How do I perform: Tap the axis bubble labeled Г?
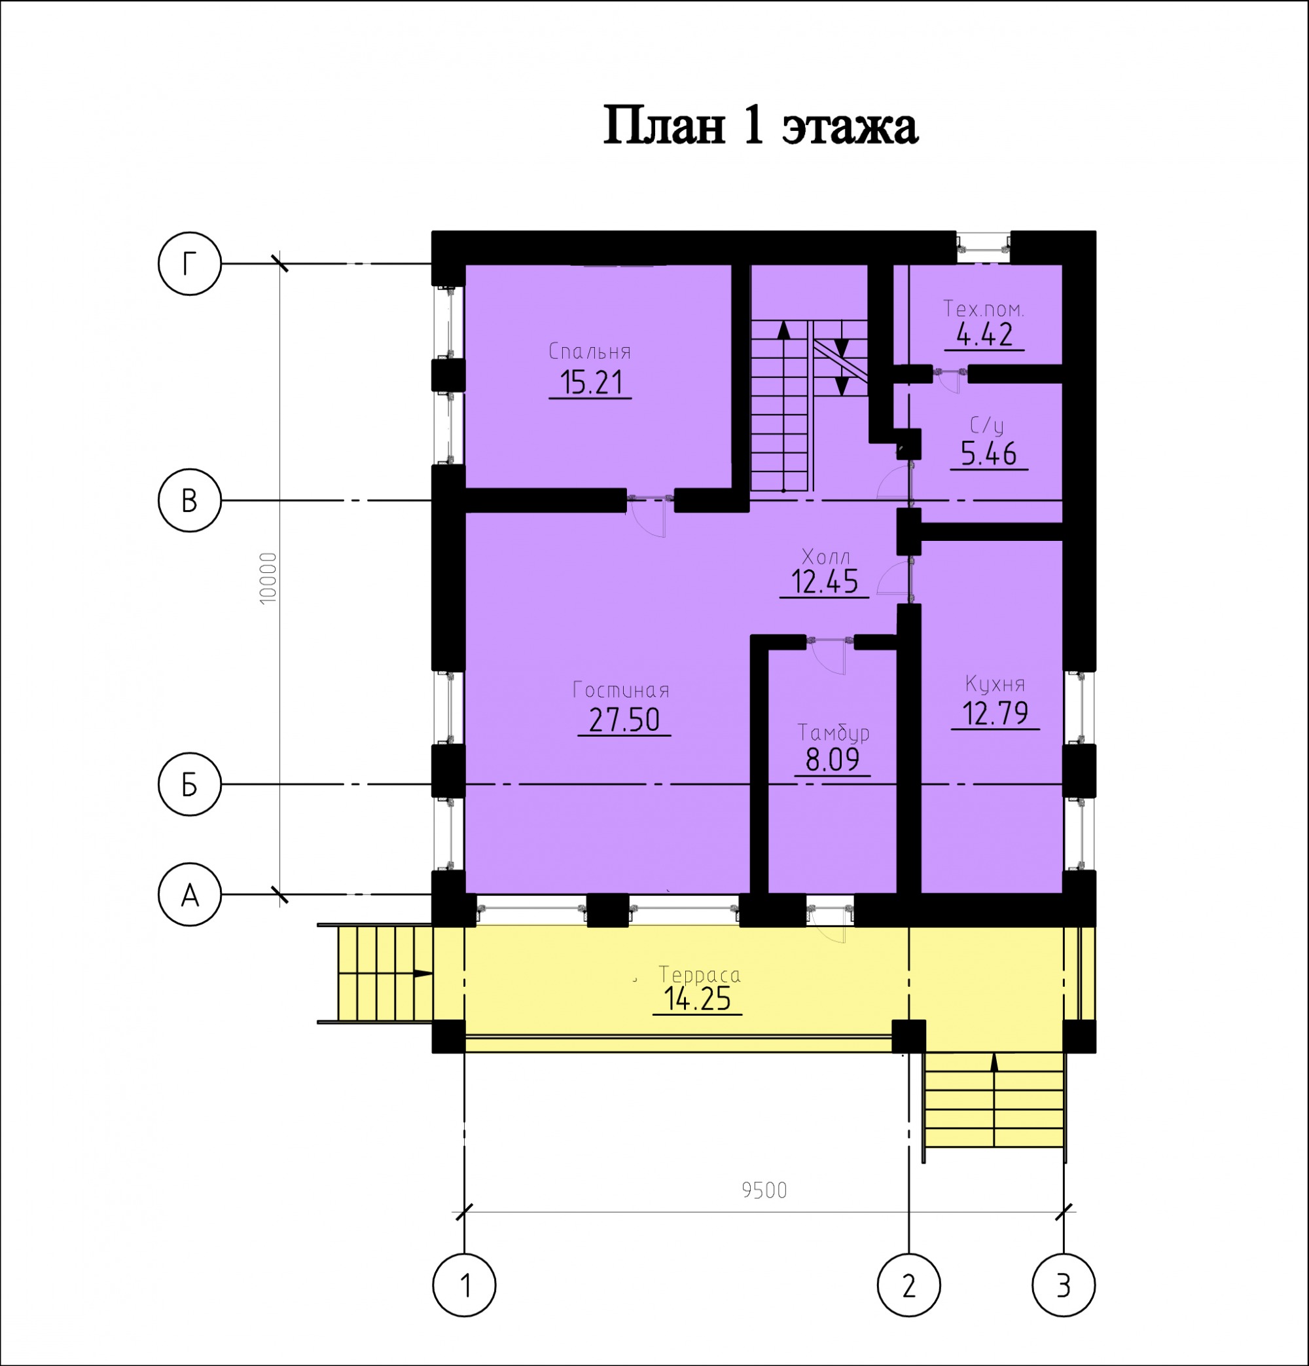click(x=190, y=264)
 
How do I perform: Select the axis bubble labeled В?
click(x=190, y=500)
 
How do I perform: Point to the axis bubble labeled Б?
click(x=190, y=784)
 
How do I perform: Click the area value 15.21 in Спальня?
click(x=591, y=382)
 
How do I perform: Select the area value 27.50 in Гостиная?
click(x=624, y=720)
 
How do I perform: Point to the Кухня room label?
click(x=995, y=684)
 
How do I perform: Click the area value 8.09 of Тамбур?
click(x=833, y=760)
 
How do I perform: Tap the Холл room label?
click(x=825, y=557)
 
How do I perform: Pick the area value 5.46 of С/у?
click(x=988, y=454)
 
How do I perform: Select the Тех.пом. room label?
click(x=984, y=308)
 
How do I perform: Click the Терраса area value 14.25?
click(x=696, y=999)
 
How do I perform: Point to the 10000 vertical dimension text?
click(x=268, y=578)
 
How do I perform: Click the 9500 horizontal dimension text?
click(x=764, y=1191)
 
